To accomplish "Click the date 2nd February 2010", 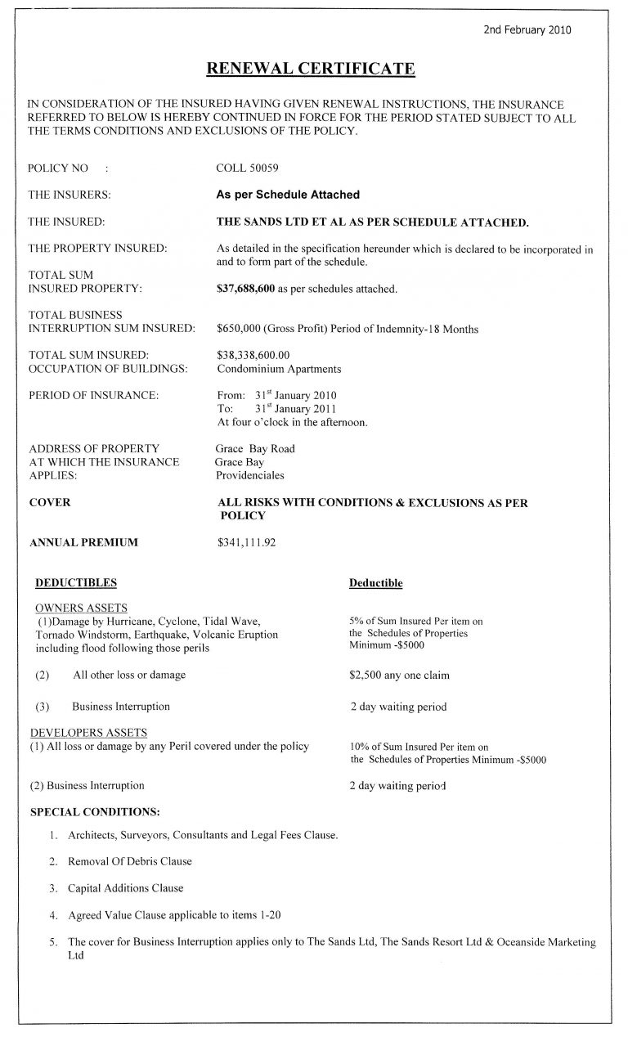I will pos(528,30).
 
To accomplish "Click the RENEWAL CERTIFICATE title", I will pos(312,68).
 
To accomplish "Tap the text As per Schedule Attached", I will pos(287,195).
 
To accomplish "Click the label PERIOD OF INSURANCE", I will pos(93,395).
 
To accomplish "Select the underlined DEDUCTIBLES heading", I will pos(75,583).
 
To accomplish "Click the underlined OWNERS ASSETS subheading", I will pos(80,608).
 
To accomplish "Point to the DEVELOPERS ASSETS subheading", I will pos(89,732).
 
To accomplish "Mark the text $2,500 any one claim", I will pos(399,676).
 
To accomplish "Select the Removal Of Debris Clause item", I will pos(129,862).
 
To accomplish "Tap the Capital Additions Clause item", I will pos(125,888).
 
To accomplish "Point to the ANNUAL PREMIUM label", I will pos(83,541).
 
